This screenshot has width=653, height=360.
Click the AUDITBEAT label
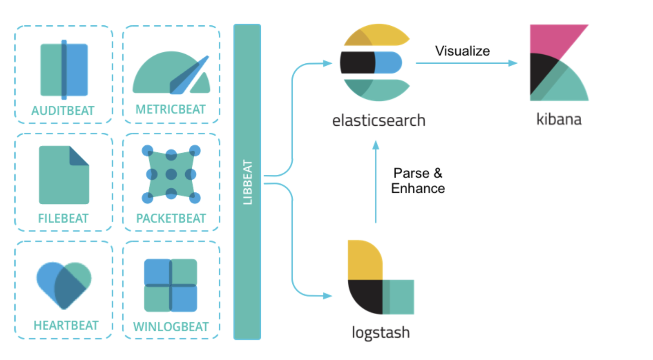(x=63, y=111)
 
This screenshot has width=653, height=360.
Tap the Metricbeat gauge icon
(x=171, y=73)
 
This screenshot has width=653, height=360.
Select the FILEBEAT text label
(x=63, y=218)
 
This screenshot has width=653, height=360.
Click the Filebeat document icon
(x=64, y=175)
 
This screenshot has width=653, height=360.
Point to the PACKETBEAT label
(x=171, y=218)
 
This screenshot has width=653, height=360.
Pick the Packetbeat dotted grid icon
(x=171, y=174)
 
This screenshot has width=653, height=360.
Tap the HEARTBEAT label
(x=66, y=325)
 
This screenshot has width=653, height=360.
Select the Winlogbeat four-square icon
(x=171, y=285)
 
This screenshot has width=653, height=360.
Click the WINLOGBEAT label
(x=171, y=327)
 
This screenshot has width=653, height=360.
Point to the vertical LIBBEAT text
(x=247, y=182)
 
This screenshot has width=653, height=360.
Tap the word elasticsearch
(x=379, y=120)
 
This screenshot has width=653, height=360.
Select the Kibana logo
(x=559, y=62)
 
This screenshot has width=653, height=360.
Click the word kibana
(x=559, y=119)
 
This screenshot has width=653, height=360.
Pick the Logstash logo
(x=380, y=278)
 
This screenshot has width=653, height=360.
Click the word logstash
(x=380, y=332)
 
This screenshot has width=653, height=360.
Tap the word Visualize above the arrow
(x=462, y=51)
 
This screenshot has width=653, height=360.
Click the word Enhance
(x=418, y=189)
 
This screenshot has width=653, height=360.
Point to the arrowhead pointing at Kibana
(x=513, y=63)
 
